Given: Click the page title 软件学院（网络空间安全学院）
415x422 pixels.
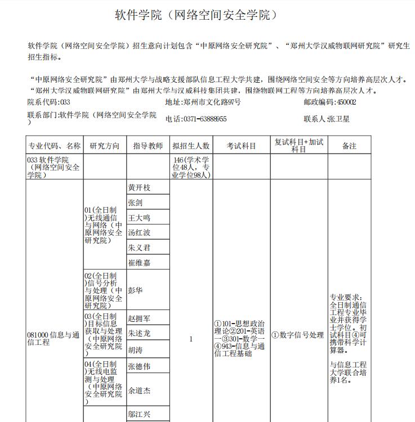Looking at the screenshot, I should point(197,15).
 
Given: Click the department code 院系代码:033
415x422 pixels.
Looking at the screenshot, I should point(49,102).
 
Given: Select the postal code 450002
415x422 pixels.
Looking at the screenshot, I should point(329,102).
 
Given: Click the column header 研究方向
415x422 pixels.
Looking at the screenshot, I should point(105,146).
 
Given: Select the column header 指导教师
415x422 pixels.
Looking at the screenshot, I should point(148,146).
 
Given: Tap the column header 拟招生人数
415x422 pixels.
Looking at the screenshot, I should point(191,146).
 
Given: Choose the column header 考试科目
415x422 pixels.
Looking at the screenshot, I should point(241,146).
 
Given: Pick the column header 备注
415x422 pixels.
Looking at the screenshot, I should point(349,146).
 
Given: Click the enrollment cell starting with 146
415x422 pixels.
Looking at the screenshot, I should point(191,168).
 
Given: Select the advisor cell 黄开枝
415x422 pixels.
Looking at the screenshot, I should point(140,187).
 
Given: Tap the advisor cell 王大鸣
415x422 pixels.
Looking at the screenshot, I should point(140,218).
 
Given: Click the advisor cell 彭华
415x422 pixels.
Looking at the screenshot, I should point(135,290).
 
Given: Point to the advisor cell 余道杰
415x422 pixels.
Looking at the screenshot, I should point(140,390).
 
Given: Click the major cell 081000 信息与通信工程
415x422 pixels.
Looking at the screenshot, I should point(53,339).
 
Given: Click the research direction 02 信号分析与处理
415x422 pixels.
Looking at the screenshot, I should point(104,290).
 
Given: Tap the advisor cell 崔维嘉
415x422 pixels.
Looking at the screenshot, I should point(140,262).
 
